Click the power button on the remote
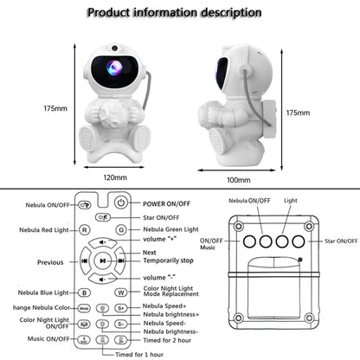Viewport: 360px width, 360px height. [121, 203]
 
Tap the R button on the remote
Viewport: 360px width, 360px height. [85, 230]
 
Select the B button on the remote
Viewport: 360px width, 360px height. [85, 292]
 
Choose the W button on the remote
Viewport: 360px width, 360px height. [121, 292]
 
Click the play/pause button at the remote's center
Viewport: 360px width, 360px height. [103, 260]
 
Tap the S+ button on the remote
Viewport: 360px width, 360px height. [121, 308]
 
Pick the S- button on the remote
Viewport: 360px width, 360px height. [121, 324]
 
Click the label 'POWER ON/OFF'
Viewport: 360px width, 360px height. [166, 203]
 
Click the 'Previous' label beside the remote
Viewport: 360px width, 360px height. [49, 260]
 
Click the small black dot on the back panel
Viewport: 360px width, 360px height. [299, 259]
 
